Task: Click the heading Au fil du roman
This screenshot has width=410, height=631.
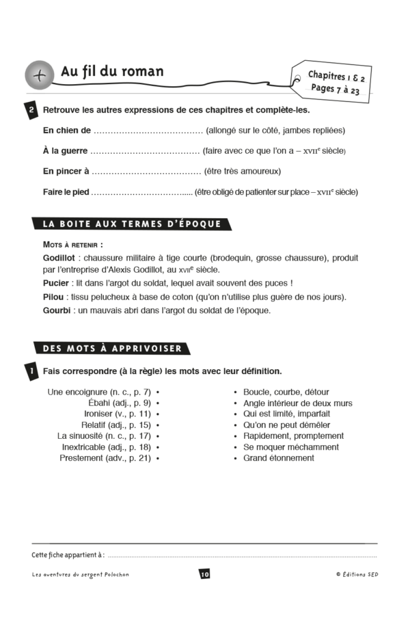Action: pos(112,71)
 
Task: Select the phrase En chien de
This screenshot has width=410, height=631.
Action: pos(66,130)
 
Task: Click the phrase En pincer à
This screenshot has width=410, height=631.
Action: pos(66,171)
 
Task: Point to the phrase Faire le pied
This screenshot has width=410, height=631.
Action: pos(66,191)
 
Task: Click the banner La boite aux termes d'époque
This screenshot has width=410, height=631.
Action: pos(131,224)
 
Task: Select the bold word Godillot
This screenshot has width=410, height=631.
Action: pos(58,258)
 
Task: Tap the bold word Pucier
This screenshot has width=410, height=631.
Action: pos(55,283)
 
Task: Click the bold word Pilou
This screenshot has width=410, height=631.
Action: pos(53,297)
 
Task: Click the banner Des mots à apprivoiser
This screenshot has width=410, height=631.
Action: pos(112,348)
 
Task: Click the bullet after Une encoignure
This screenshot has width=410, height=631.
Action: pos(158,392)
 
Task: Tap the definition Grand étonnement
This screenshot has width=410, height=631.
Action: pos(278,458)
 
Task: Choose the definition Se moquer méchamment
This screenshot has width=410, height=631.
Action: pos(290,447)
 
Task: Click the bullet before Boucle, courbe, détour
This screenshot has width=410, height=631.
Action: pos(236,392)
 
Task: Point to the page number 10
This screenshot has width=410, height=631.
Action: pos(204,574)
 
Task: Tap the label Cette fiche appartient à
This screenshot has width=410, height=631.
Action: pos(68,554)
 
